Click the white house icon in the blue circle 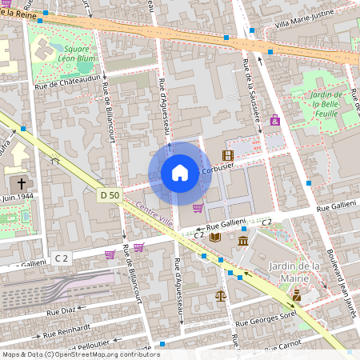[180, 173]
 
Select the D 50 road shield [110, 195]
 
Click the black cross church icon [20, 183]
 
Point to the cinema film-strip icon [228, 155]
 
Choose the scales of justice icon [221, 294]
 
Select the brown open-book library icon [214, 236]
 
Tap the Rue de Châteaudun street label [67, 80]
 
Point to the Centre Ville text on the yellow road [154, 213]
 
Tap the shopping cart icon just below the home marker [197, 208]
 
